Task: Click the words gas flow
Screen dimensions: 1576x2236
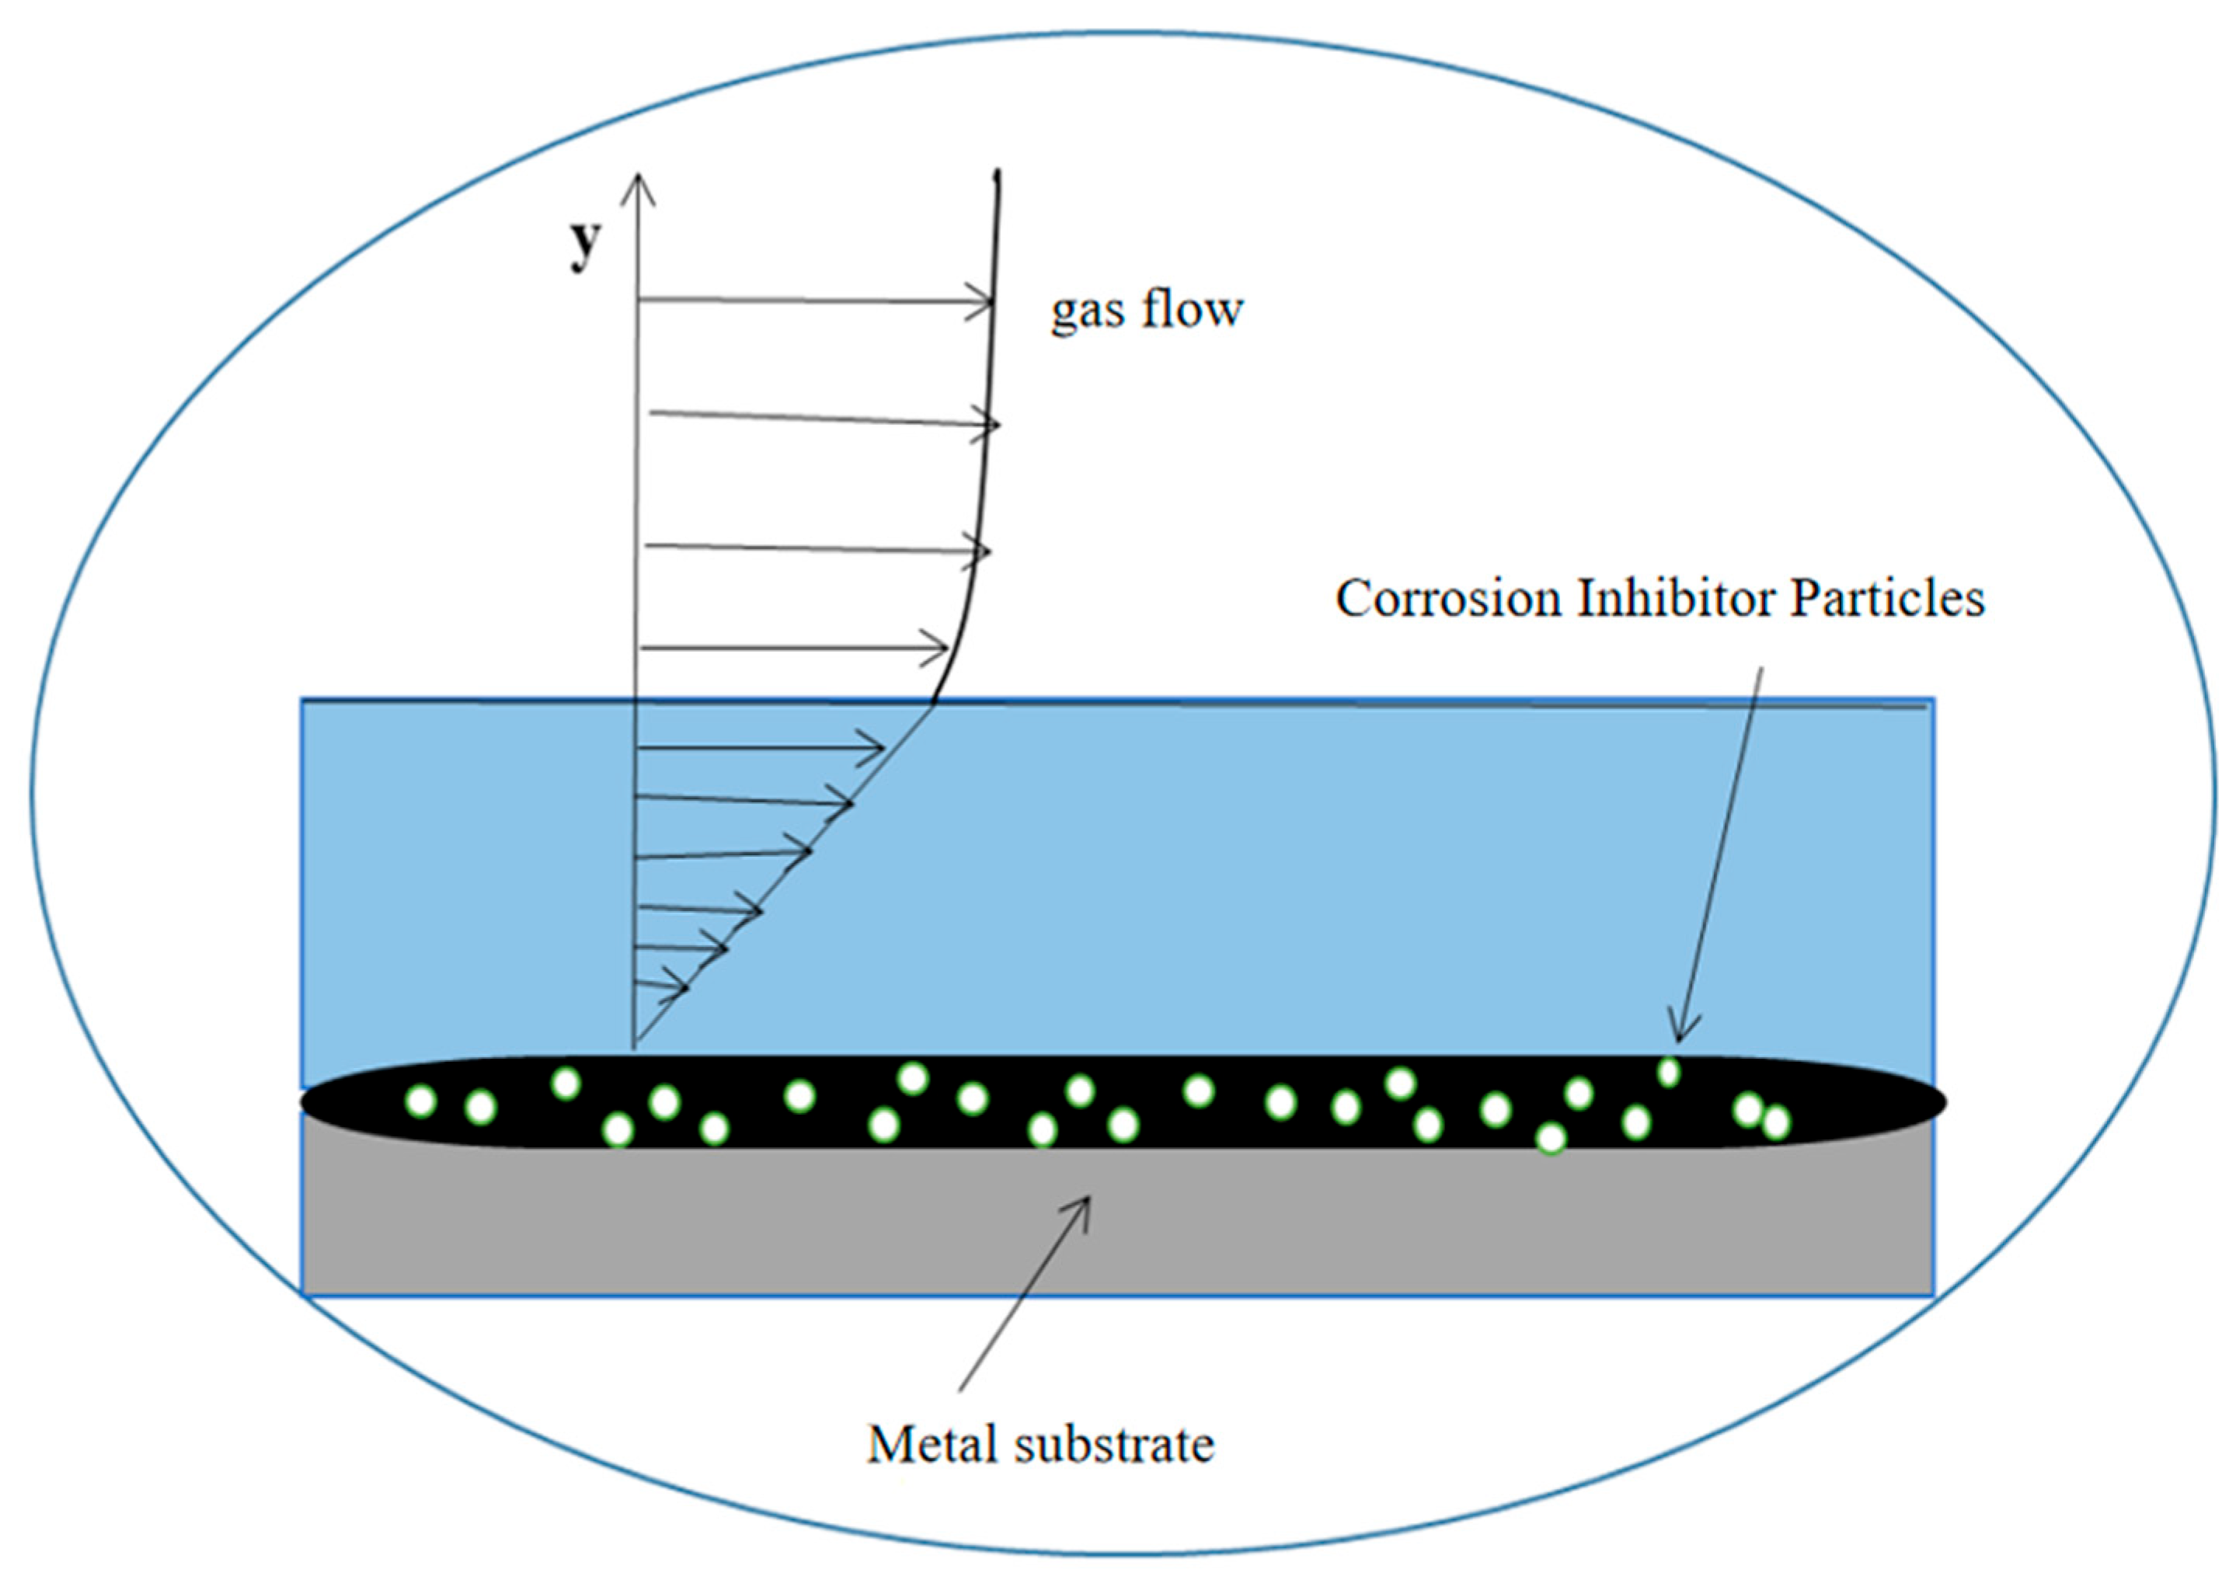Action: [x=1146, y=310]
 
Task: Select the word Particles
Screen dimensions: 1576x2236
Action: [x=1886, y=597]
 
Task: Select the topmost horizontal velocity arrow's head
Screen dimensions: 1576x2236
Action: [x=982, y=302]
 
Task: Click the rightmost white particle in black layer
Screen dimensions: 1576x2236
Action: [x=1775, y=1122]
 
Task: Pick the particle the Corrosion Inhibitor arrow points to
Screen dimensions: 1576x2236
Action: [x=1668, y=1072]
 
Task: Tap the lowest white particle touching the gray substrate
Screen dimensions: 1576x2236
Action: [x=1551, y=1138]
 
